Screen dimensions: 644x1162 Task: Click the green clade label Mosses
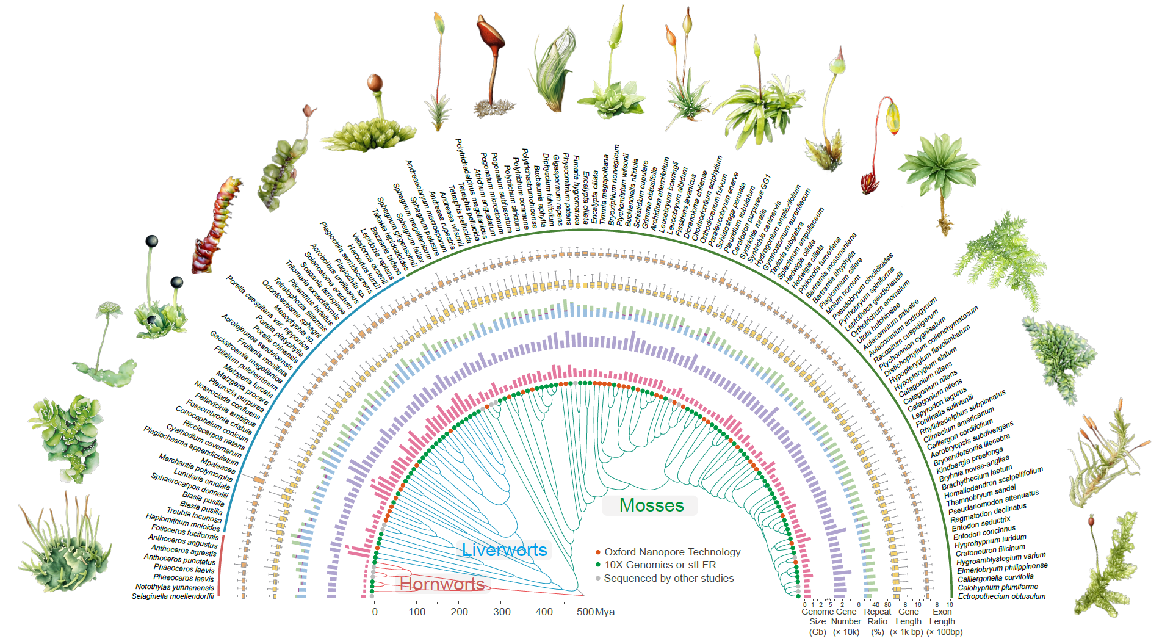651,505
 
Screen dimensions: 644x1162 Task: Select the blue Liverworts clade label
504,550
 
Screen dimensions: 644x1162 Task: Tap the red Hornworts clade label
442,584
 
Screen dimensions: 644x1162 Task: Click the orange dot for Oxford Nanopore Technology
598,552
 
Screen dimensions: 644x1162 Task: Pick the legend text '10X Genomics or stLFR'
660,565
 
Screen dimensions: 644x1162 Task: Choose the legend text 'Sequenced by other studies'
668,579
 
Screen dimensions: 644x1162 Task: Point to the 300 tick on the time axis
502,612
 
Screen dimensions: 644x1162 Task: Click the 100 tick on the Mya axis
417,612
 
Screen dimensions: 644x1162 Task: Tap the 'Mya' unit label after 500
605,612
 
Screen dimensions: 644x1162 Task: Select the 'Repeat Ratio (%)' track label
878,621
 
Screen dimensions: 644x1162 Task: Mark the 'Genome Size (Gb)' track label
817,621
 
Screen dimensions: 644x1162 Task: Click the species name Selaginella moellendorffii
173,596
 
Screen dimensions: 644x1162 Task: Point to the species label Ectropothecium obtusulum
1001,596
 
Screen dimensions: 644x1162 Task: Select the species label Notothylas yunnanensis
175,587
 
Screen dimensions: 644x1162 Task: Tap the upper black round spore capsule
151,241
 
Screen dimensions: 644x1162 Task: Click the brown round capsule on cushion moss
375,82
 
